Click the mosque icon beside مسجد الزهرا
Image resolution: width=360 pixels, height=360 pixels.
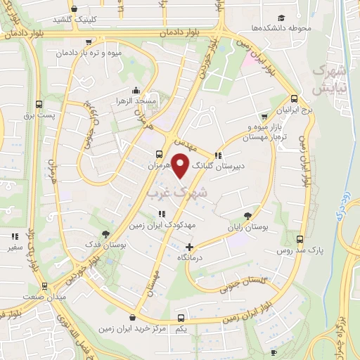(x=136, y=91)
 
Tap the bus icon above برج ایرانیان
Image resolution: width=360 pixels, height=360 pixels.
(x=294, y=99)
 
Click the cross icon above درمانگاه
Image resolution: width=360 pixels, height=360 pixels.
(x=189, y=247)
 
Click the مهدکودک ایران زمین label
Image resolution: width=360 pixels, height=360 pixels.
(x=161, y=226)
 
